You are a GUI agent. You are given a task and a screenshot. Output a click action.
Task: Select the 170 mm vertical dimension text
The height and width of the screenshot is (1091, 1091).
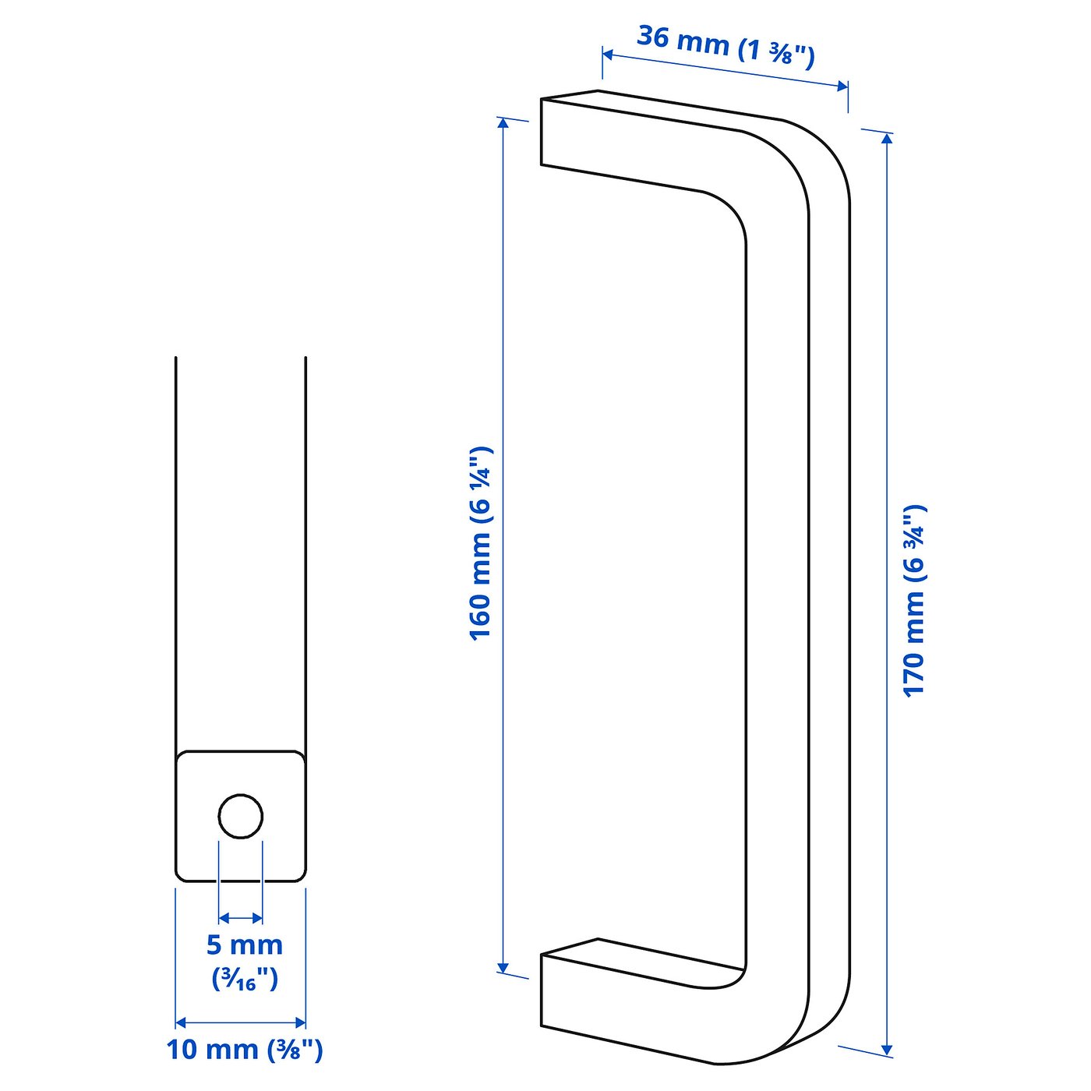[x=913, y=600]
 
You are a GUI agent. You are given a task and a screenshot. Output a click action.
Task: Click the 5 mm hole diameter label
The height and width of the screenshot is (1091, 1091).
[x=244, y=944]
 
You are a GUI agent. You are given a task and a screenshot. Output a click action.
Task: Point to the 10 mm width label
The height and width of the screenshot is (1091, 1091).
[x=244, y=1050]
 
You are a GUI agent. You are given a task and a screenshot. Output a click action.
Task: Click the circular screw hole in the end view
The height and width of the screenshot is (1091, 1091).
[x=241, y=816]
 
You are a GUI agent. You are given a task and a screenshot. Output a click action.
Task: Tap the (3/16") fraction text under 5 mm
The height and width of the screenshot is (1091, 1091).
[x=245, y=979]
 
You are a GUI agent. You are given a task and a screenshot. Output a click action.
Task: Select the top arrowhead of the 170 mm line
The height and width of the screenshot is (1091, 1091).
[x=887, y=139]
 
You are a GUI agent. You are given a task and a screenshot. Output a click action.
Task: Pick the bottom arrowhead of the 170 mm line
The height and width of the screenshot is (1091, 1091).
[x=887, y=1049]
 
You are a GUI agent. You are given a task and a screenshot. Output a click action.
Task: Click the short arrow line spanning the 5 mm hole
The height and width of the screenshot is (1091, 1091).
[x=241, y=918]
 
